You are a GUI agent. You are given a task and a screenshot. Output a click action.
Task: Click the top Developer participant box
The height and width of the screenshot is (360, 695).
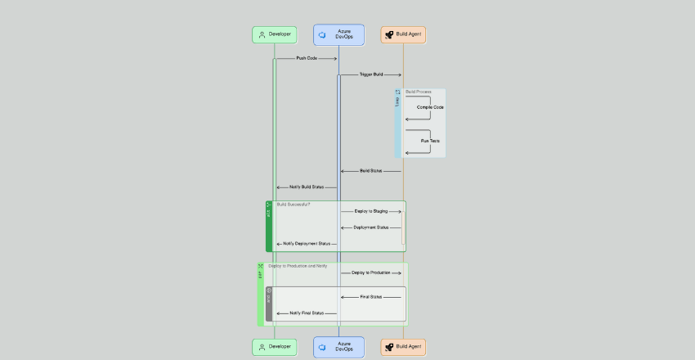[x=274, y=34]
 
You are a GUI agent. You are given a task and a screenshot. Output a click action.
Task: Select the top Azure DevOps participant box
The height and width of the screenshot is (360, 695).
[x=339, y=34]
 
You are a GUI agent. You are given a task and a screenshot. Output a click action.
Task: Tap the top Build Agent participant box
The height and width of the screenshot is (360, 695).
[x=403, y=34]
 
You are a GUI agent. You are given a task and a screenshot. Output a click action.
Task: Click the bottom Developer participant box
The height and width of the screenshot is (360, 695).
[x=274, y=347]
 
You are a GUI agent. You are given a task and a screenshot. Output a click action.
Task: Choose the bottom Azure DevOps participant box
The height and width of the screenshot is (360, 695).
[x=339, y=347]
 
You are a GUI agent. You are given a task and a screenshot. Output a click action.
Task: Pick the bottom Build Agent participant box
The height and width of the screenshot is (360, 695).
[x=403, y=347]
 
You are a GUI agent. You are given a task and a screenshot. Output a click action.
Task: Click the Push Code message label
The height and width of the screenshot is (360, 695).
[x=307, y=58]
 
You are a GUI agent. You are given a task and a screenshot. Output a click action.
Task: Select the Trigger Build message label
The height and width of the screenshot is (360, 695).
[x=371, y=74]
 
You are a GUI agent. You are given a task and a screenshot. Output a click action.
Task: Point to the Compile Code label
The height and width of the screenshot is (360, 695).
[x=430, y=107]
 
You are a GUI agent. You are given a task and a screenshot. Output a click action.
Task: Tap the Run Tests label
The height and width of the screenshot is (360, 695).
[x=430, y=141]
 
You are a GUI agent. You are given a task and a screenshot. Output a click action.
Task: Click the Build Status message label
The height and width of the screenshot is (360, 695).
[x=371, y=171]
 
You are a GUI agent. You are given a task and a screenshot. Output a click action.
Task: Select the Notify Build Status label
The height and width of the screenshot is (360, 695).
[x=307, y=187]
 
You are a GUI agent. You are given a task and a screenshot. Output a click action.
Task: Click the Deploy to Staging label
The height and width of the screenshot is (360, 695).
[x=371, y=211]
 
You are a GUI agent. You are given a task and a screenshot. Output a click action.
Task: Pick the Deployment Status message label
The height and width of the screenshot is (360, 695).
[x=371, y=227]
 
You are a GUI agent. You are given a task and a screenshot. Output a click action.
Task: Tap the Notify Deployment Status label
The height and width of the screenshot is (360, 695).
[x=307, y=244]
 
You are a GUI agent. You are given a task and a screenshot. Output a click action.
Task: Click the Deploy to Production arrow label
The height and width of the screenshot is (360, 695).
[x=371, y=272]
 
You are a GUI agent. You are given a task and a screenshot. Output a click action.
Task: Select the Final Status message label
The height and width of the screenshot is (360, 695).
[x=371, y=297]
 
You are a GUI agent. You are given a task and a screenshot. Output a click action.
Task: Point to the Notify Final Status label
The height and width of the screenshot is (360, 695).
[x=307, y=313]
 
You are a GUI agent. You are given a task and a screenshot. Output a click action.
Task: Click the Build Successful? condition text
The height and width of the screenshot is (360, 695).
[x=294, y=205]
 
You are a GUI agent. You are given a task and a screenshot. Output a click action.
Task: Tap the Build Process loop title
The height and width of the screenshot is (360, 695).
[x=418, y=92]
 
